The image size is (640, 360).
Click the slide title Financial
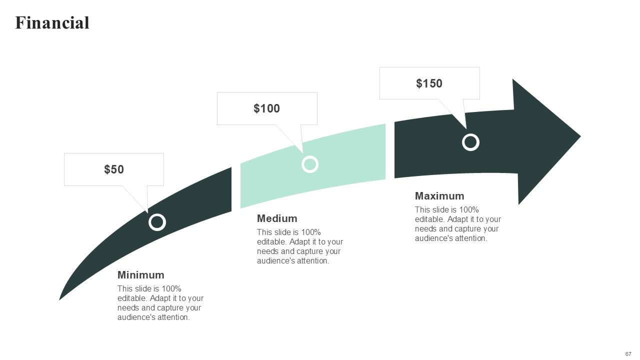pyautogui.click(x=52, y=23)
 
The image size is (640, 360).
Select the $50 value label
pyautogui.click(x=114, y=169)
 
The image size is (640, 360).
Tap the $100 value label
pyautogui.click(x=266, y=108)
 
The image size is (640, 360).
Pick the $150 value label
pyautogui.click(x=429, y=83)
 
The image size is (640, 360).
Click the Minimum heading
pyautogui.click(x=140, y=275)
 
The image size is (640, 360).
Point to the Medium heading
pyautogui.click(x=277, y=218)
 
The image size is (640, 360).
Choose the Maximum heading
pyautogui.click(x=439, y=196)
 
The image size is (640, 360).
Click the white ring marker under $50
pyautogui.click(x=157, y=222)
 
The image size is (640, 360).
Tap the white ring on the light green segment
pyautogui.click(x=310, y=164)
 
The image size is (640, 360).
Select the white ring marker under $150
pyautogui.click(x=470, y=142)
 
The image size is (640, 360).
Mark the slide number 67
pyautogui.click(x=628, y=353)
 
